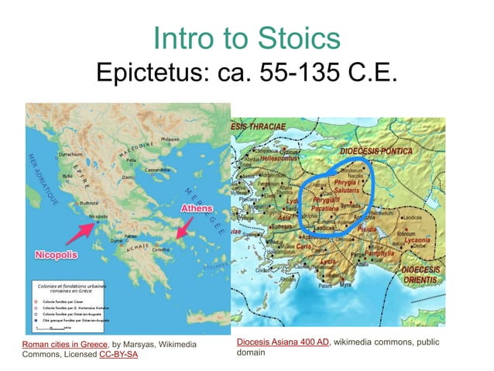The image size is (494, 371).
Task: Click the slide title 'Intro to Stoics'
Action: (x=247, y=40)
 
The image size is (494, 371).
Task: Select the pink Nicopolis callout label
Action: (x=57, y=254)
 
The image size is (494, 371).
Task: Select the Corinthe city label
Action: (x=161, y=250)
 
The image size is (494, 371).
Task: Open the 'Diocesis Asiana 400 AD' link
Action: (x=283, y=342)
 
